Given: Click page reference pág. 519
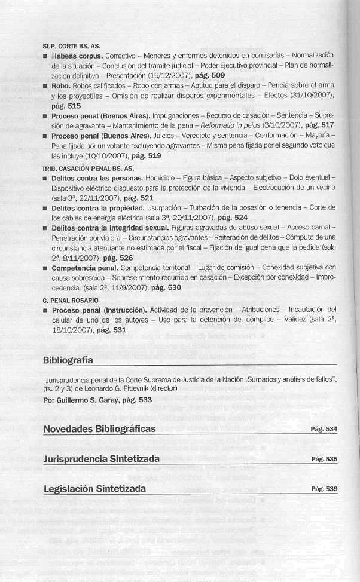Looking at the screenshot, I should click(146, 156).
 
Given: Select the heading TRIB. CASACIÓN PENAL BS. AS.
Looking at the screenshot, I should click(88, 169).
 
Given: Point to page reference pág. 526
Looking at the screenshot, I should click(118, 258).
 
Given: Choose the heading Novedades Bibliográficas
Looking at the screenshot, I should click(99, 429).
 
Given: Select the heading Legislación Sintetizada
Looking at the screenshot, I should click(94, 489).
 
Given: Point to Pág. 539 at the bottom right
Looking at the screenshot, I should click(324, 489).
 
